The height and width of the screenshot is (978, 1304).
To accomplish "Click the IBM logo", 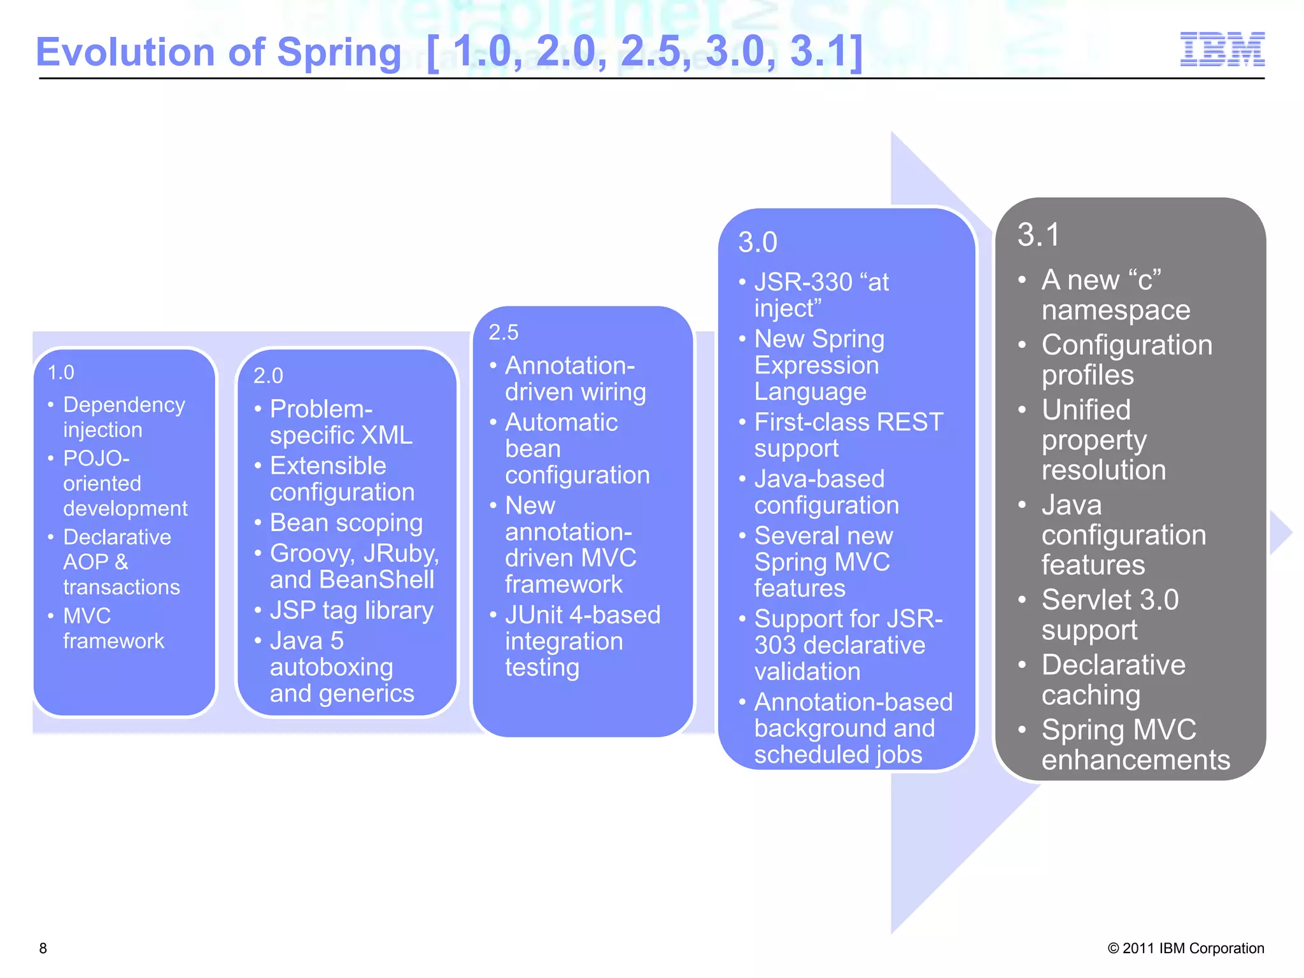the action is point(1222,50).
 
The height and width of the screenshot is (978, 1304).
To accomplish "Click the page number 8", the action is point(43,948).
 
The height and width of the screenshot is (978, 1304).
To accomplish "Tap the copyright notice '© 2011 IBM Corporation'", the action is point(1186,948).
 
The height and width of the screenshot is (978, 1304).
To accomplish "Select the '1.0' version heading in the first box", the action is point(61,372).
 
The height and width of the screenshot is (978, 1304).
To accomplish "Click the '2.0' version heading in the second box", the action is point(268,376).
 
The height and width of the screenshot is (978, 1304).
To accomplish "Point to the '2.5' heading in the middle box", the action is point(504,332).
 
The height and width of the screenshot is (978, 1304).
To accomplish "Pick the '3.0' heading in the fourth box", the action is point(758,243).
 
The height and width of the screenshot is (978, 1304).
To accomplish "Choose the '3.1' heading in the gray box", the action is point(1038,235).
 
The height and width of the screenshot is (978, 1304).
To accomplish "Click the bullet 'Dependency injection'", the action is point(124,417).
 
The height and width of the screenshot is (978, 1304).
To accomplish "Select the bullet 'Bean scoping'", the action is point(346,523).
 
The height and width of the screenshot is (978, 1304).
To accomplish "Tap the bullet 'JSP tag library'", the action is point(351,611).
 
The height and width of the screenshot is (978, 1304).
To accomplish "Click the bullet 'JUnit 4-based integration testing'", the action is point(582,641).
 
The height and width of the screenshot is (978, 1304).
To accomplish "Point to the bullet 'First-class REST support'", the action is point(848,435).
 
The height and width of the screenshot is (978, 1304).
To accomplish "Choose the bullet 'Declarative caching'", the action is point(1113,679).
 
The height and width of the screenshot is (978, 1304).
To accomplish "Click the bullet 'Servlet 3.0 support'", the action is point(1109,614).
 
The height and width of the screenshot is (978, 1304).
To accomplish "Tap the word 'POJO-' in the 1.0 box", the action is point(96,458).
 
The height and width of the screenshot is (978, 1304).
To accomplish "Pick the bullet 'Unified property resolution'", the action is point(1103,440).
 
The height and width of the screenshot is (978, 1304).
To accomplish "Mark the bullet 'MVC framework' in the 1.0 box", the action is point(113,628).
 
